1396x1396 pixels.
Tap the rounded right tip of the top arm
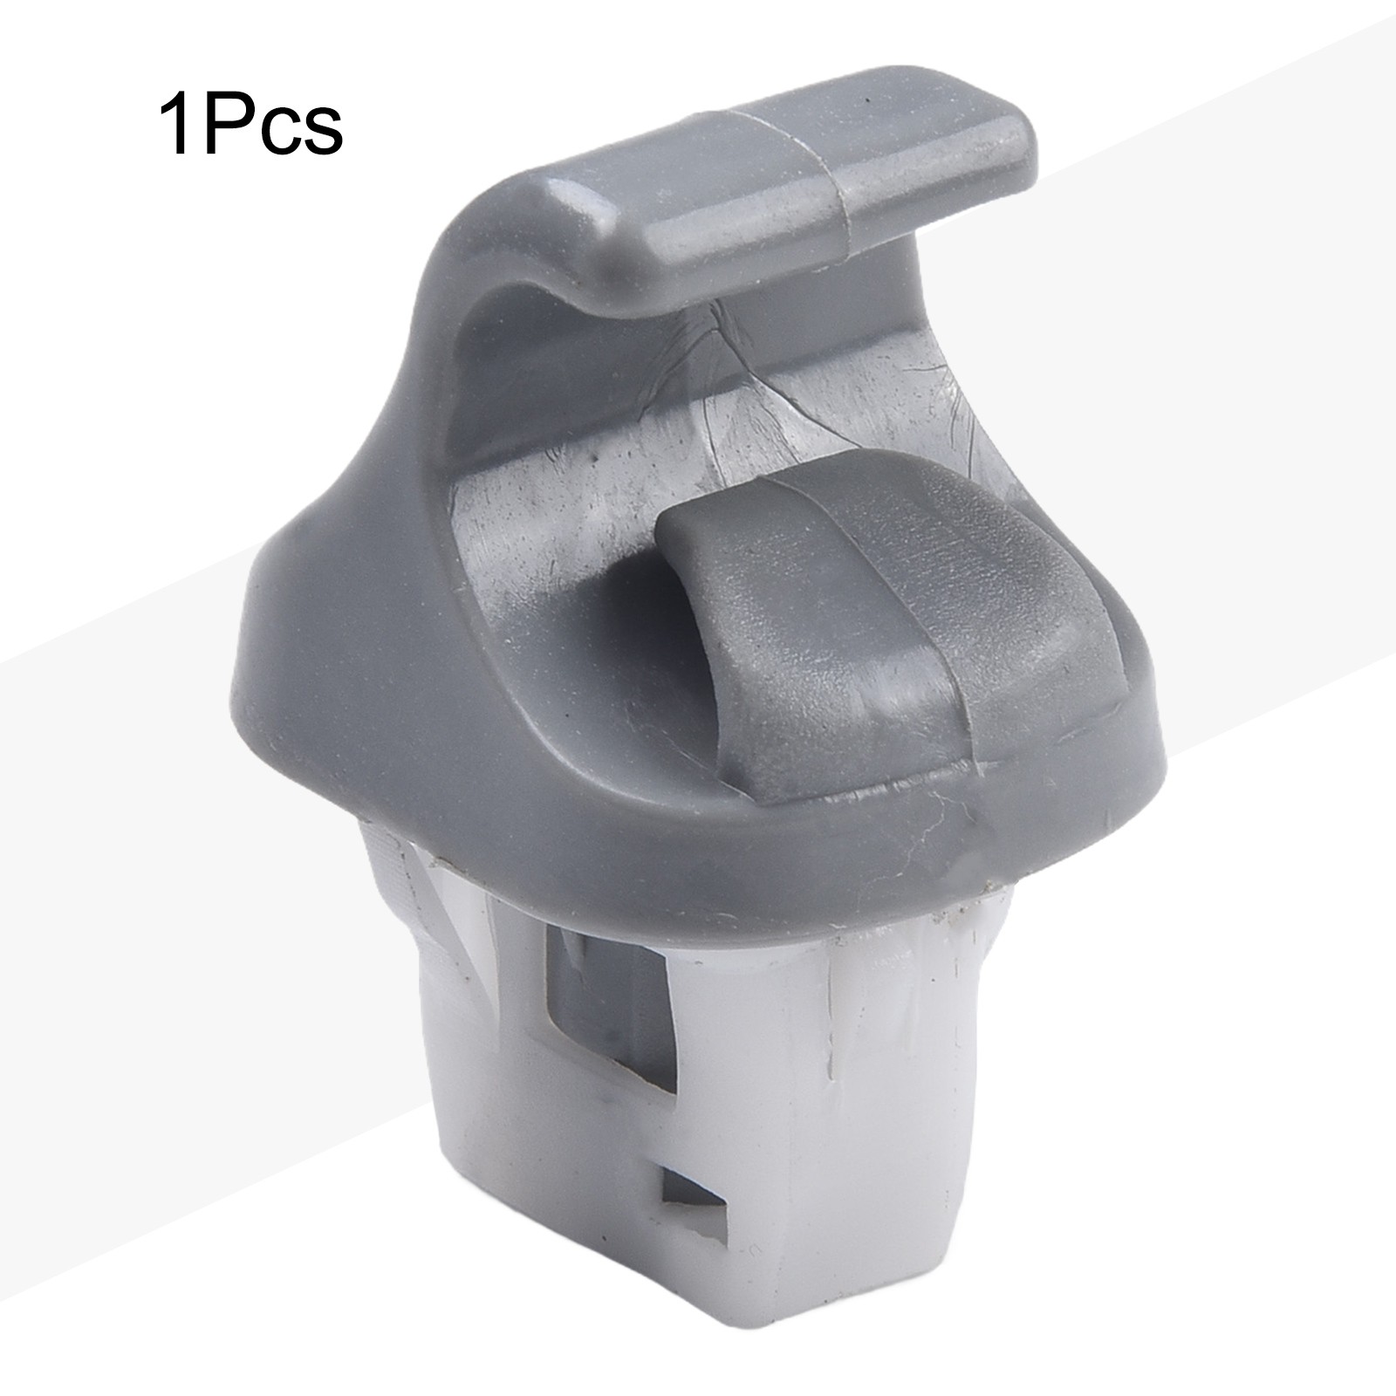tap(1021, 148)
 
